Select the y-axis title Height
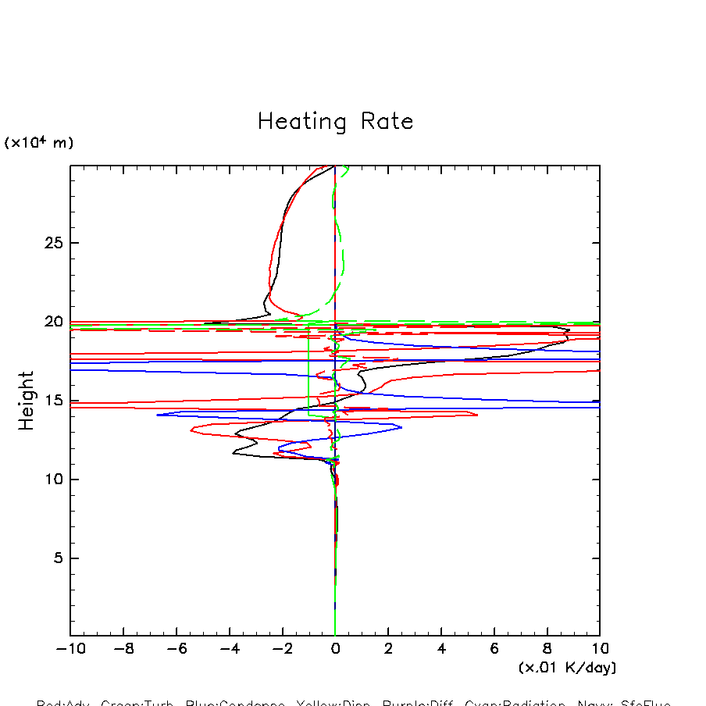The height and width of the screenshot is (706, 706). click(27, 401)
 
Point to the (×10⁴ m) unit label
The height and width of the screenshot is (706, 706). click(39, 143)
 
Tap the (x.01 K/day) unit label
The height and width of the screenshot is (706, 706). click(567, 668)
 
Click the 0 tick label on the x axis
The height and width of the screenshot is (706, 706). click(335, 649)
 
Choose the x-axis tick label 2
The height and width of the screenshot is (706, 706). click(388, 649)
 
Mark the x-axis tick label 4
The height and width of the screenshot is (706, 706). click(441, 649)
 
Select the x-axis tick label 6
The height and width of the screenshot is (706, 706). click(494, 649)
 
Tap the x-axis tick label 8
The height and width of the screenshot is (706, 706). click(547, 649)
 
